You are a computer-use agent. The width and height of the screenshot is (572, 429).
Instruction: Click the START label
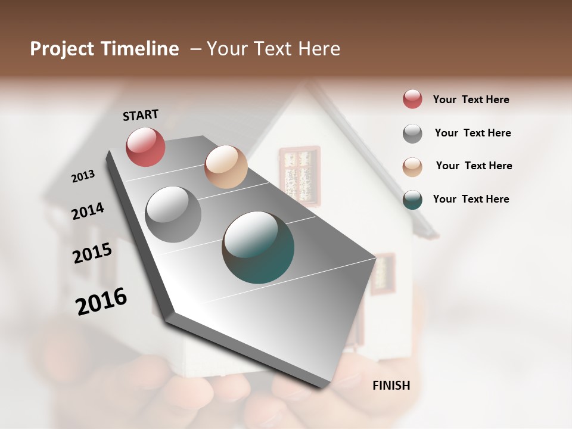[141, 114]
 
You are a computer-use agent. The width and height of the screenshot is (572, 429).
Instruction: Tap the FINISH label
[391, 386]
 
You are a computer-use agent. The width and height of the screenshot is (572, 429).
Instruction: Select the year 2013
[83, 176]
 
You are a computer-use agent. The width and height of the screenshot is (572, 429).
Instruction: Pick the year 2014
[88, 211]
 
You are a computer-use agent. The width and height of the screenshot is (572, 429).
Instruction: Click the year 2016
[101, 301]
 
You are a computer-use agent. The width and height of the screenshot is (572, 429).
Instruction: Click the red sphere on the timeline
[145, 147]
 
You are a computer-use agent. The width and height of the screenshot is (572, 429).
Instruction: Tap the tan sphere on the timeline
[226, 167]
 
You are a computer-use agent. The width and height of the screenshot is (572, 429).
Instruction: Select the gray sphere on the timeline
[173, 214]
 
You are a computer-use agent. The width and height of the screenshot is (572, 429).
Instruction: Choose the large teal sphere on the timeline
[258, 247]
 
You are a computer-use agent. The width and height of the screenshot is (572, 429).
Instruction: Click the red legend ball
[412, 100]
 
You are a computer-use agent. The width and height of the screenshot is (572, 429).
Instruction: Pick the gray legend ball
[412, 133]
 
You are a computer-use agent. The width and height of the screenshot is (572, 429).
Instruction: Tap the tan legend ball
[412, 167]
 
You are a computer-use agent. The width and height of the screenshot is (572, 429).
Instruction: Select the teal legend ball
[412, 200]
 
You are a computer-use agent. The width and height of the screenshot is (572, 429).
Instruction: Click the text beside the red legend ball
[471, 100]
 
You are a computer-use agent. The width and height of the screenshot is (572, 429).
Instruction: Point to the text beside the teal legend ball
[471, 199]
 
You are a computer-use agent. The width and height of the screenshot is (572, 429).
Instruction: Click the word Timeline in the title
[142, 49]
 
